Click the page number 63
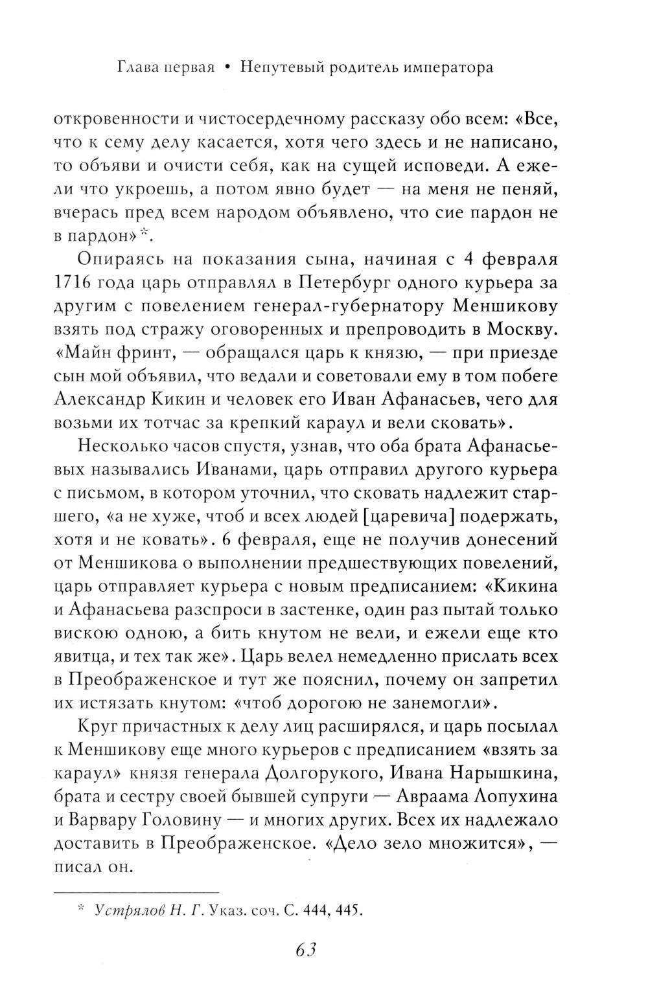[305, 950]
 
